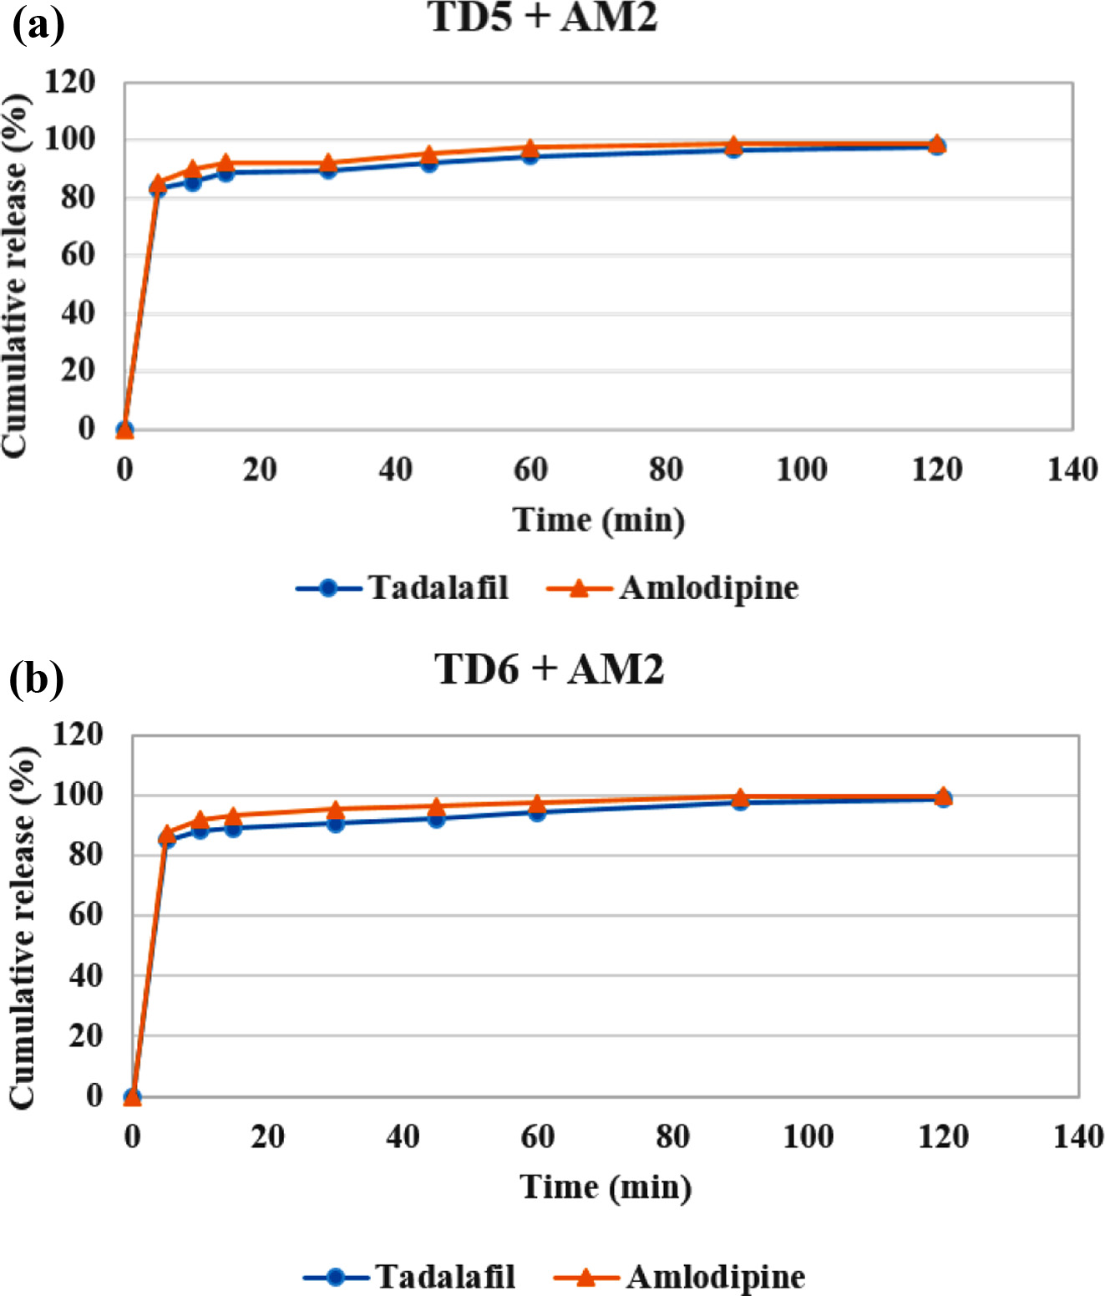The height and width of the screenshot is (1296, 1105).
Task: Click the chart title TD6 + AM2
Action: click(549, 669)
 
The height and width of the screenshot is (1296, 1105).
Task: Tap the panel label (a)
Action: click(38, 25)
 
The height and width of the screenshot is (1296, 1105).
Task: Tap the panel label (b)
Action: click(37, 678)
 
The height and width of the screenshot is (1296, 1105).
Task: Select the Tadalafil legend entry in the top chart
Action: click(403, 588)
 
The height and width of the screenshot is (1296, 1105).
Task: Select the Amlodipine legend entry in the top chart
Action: click(673, 588)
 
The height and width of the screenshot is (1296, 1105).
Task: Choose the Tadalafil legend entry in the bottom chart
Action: click(409, 1277)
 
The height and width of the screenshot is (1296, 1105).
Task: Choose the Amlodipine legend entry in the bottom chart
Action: click(680, 1277)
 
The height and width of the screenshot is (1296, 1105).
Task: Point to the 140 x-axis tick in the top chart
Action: click(1072, 470)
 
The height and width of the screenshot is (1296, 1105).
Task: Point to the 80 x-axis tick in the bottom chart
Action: click(672, 1136)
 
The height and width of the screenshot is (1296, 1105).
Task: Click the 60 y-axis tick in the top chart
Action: click(78, 255)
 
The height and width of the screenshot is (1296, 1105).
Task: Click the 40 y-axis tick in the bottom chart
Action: click(85, 975)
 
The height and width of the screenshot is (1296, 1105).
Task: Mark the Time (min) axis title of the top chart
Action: click(599, 520)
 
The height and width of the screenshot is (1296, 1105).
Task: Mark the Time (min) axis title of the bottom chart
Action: click(606, 1187)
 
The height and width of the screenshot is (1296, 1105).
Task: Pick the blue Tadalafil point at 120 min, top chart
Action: click(937, 147)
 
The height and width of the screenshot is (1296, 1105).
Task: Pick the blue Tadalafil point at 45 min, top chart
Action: click(429, 163)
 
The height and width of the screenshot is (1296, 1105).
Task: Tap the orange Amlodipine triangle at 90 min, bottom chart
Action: click(740, 797)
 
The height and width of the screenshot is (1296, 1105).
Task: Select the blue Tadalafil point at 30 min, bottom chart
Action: click(336, 824)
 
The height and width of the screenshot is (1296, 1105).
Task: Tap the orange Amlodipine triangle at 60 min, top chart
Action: click(530, 148)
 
